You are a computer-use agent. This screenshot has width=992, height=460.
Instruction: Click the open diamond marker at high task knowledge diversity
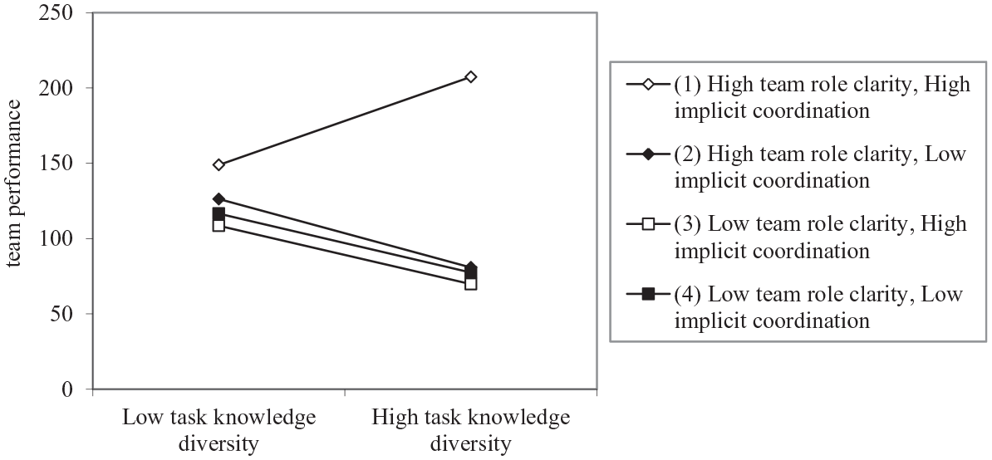pos(471,77)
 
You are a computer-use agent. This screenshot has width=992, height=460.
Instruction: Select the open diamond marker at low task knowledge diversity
pos(219,165)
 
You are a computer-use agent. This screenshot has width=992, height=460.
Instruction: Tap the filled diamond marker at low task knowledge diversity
pos(219,199)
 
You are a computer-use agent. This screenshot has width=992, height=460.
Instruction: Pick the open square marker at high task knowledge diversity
pos(471,284)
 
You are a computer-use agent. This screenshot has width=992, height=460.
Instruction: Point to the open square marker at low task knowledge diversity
pos(219,225)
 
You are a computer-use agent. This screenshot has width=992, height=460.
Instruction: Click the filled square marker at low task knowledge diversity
pos(219,214)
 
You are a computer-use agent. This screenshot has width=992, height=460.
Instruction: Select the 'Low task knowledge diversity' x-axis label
pos(219,431)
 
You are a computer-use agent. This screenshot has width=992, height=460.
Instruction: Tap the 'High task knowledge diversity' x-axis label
pos(471,431)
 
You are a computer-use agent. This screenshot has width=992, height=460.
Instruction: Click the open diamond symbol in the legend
pos(648,83)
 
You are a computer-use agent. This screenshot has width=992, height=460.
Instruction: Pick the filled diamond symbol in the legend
pos(648,154)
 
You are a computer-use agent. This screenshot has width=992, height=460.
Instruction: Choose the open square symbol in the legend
pos(648,223)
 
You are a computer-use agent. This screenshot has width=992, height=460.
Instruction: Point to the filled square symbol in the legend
pos(648,294)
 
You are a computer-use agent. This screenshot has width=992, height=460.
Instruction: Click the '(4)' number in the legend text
pos(688,295)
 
